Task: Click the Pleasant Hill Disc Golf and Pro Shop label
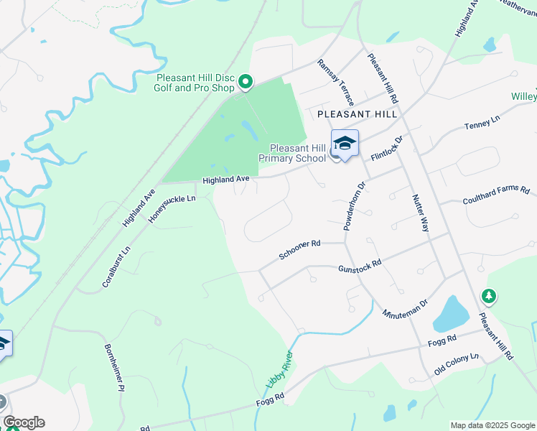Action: pyautogui.click(x=195, y=83)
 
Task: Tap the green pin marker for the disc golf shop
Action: pyautogui.click(x=246, y=83)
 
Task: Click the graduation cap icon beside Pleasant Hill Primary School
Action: pyautogui.click(x=345, y=144)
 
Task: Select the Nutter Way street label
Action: pyautogui.click(x=421, y=213)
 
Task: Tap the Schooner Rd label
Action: pyautogui.click(x=299, y=250)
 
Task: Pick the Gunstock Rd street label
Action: pyautogui.click(x=359, y=267)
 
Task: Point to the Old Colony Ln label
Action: pyautogui.click(x=457, y=365)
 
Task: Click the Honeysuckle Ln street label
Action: pyautogui.click(x=172, y=208)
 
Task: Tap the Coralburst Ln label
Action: pyautogui.click(x=116, y=267)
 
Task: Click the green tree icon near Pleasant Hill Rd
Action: pyautogui.click(x=489, y=296)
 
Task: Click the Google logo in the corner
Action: pyautogui.click(x=24, y=422)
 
